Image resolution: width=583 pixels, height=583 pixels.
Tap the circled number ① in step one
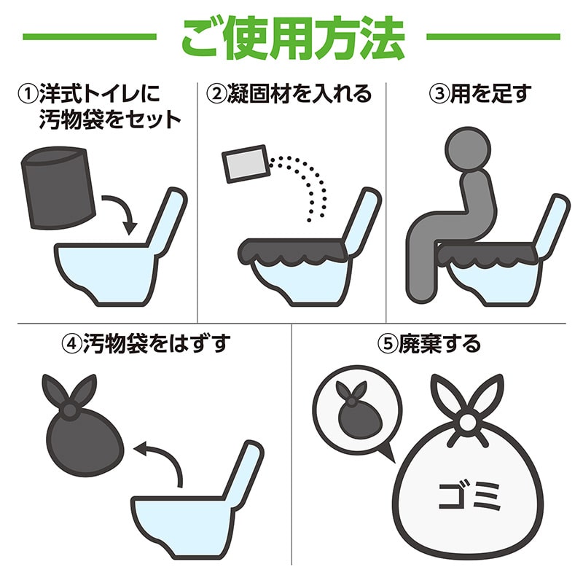click(28, 94)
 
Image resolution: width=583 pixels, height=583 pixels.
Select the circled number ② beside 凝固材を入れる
click(216, 94)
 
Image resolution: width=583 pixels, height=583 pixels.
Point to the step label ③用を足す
click(482, 94)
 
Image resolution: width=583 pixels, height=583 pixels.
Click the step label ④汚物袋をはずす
click(146, 343)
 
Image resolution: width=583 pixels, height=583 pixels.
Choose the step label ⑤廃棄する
click(431, 343)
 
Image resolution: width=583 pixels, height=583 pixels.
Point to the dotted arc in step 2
click(313, 179)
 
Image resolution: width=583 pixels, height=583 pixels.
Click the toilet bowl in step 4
click(182, 521)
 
